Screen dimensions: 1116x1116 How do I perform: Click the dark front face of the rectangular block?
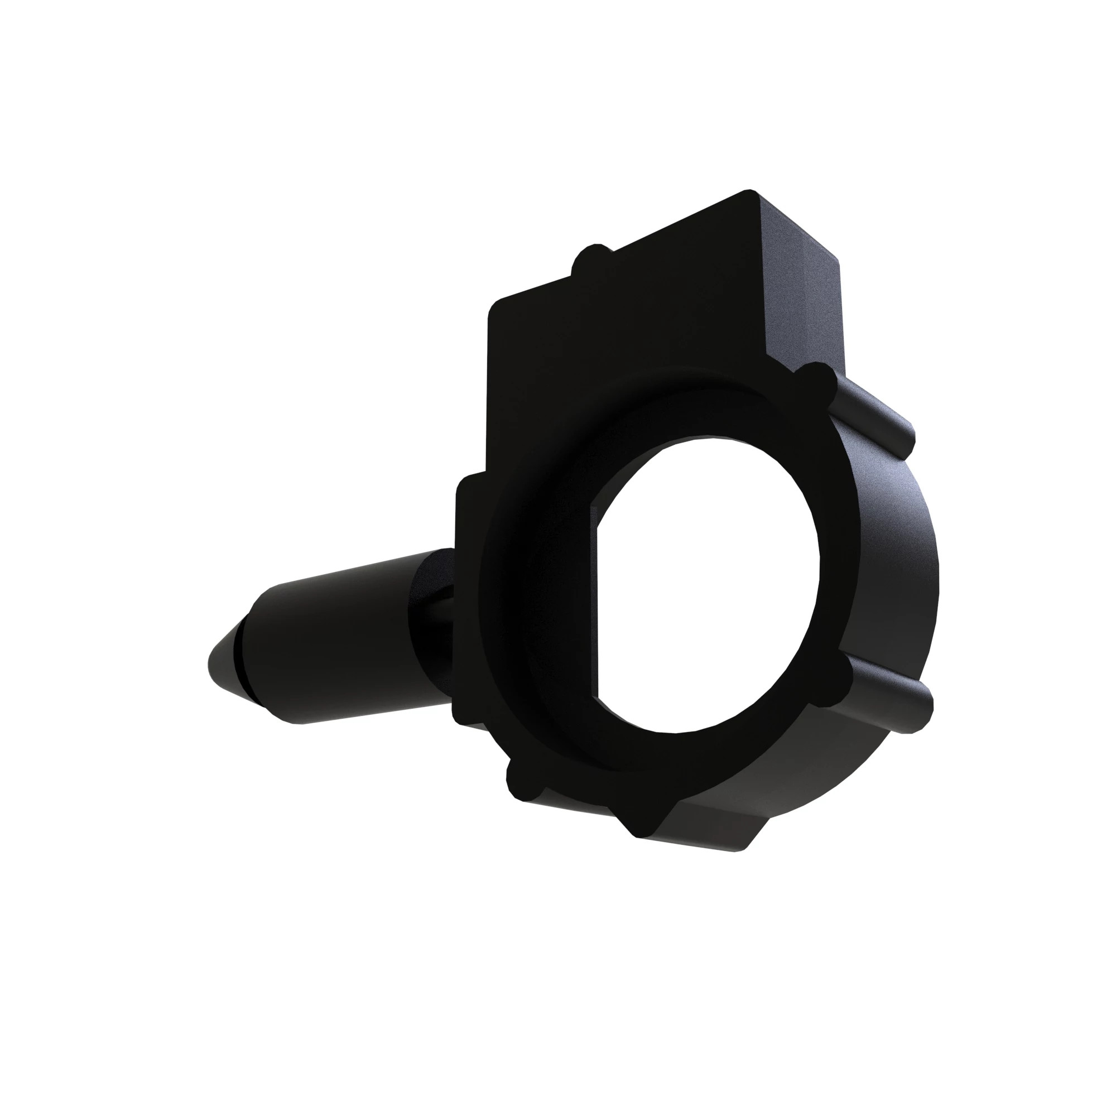pos(607,347)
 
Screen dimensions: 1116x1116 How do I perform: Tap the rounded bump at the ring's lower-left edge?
pos(523,783)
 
